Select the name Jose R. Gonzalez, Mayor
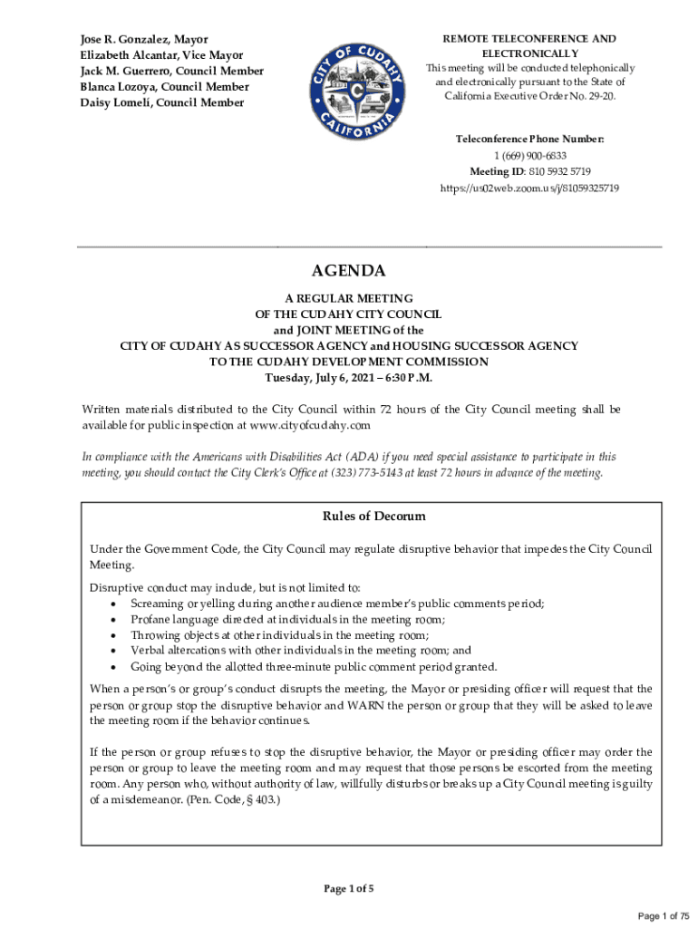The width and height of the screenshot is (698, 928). pos(142,40)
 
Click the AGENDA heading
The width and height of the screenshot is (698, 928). pos(349,271)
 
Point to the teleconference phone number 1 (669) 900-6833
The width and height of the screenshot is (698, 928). pos(529,156)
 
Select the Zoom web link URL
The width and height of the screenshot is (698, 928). pos(529,188)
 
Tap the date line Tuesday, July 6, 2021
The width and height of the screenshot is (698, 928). pos(349,377)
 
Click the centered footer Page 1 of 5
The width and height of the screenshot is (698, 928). pos(349,889)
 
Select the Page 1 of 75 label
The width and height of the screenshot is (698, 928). pos(664,916)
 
